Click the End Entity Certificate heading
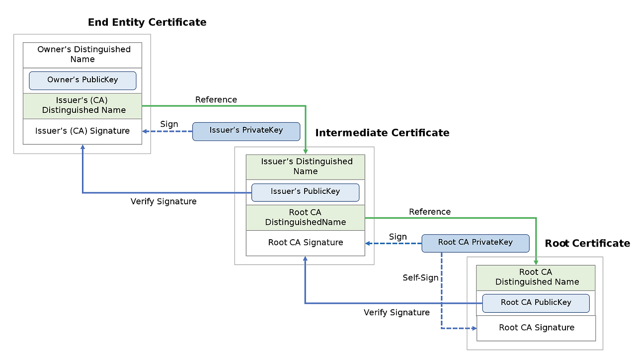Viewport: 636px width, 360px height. (x=147, y=22)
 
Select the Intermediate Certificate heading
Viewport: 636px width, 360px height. (x=382, y=133)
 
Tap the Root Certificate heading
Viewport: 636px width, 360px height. (x=587, y=243)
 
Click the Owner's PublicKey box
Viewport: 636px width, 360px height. (x=82, y=80)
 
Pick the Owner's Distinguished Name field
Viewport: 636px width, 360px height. (x=82, y=54)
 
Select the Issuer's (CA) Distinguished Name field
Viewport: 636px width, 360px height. (x=82, y=105)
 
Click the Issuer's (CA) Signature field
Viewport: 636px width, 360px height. (x=82, y=131)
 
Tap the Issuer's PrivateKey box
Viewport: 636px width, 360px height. (x=246, y=131)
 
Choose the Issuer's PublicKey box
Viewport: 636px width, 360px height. (x=305, y=192)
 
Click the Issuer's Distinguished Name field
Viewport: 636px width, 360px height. (x=305, y=167)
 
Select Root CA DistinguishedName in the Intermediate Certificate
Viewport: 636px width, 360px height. (x=305, y=217)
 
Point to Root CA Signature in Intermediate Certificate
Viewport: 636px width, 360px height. (x=305, y=243)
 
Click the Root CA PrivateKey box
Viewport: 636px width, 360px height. (x=475, y=243)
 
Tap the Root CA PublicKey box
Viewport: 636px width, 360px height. (x=536, y=303)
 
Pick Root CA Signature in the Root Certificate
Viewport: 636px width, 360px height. (x=536, y=328)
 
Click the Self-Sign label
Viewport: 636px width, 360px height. (x=420, y=278)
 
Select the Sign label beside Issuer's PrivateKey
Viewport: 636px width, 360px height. (x=169, y=124)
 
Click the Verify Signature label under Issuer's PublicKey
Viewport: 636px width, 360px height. (x=163, y=201)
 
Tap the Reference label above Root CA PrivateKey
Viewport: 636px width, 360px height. (x=430, y=212)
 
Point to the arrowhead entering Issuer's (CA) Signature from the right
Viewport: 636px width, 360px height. (x=146, y=131)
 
